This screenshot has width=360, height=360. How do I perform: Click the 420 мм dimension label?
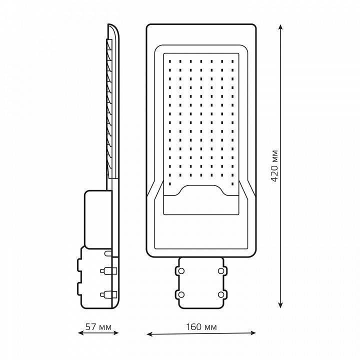[274, 166]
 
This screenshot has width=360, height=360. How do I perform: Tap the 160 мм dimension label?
[201, 326]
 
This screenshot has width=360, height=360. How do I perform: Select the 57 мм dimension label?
[98, 326]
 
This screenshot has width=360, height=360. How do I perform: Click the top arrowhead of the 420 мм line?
[280, 27]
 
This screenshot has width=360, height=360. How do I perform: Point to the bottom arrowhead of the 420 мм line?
[280, 304]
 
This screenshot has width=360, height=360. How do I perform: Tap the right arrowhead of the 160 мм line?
[252, 332]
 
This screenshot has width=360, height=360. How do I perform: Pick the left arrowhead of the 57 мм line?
[81, 332]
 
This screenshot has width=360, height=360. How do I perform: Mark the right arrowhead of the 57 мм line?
[115, 332]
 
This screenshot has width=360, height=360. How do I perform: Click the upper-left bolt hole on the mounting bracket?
[181, 271]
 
